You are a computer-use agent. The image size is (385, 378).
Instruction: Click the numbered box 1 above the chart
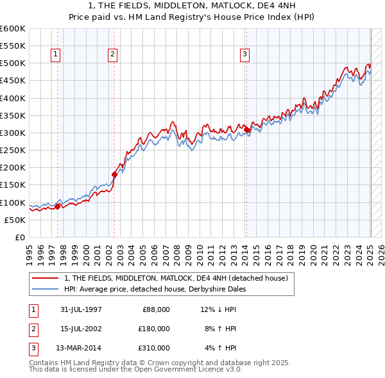coord(56,55)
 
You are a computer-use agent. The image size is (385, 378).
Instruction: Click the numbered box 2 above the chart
coord(112,55)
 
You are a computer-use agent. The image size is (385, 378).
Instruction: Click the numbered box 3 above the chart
coord(244,55)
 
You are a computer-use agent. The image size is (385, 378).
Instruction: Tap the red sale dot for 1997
coord(58,206)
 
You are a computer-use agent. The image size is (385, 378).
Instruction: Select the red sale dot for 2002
coord(115,174)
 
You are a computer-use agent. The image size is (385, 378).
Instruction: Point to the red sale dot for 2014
coord(247,129)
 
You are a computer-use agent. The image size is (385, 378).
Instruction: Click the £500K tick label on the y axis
coord(12,63)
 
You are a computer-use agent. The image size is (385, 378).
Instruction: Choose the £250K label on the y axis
coord(12,150)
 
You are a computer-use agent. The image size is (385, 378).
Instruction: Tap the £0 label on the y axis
coord(19,237)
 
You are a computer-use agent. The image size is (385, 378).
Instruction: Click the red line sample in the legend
coord(46,278)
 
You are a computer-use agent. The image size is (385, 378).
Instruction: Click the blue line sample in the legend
coord(46,289)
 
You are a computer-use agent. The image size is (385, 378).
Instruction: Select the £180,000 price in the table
coord(154,329)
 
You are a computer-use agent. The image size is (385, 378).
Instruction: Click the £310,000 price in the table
coord(154,348)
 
